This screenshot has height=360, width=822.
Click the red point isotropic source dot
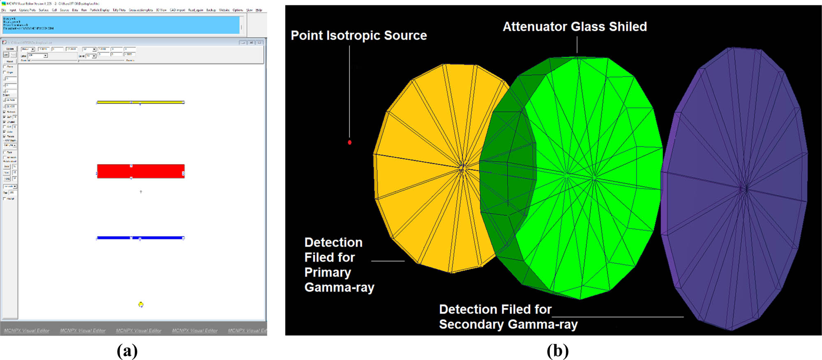pyautogui.click(x=350, y=142)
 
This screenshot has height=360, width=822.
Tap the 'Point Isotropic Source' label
pyautogui.click(x=358, y=36)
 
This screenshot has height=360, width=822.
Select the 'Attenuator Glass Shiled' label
pyautogui.click(x=575, y=27)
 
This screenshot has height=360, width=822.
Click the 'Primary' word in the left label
pyautogui.click(x=328, y=272)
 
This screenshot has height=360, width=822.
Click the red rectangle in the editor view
pyautogui.click(x=141, y=171)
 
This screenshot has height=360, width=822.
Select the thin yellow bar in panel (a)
pyautogui.click(x=141, y=102)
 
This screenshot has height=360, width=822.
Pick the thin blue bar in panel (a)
pyautogui.click(x=141, y=238)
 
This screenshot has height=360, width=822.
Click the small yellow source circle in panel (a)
pyautogui.click(x=141, y=305)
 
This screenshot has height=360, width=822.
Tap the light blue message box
pyautogui.click(x=121, y=25)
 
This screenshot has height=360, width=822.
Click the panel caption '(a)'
pyautogui.click(x=127, y=351)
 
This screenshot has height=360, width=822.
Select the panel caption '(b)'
pyautogui.click(x=557, y=351)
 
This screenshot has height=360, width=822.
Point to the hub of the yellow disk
pyautogui.click(x=462, y=166)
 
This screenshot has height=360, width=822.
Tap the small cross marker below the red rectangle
pyautogui.click(x=141, y=192)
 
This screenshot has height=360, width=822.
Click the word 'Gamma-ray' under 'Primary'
pyautogui.click(x=339, y=287)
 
